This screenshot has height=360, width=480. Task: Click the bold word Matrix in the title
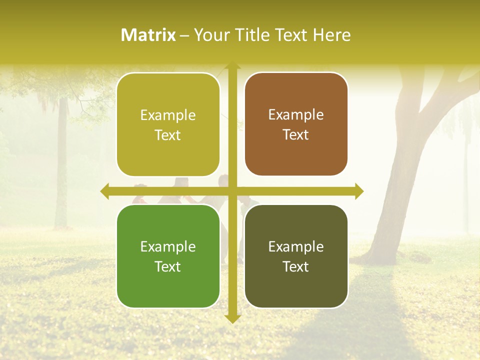click(x=148, y=35)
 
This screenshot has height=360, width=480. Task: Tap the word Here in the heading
click(x=332, y=35)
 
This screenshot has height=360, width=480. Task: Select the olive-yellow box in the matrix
click(x=168, y=125)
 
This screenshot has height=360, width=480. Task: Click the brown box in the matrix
click(x=296, y=124)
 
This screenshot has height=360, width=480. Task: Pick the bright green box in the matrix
click(x=168, y=256)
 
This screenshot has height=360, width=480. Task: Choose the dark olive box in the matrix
click(x=296, y=256)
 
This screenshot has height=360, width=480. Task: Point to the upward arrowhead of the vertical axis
click(x=232, y=67)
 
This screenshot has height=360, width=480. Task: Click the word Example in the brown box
click(x=296, y=114)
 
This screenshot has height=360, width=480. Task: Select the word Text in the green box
click(x=168, y=266)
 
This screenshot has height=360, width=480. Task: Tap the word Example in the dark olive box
click(x=296, y=246)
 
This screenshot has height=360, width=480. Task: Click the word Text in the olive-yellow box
click(x=168, y=135)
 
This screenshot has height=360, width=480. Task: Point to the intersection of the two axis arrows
click(x=232, y=191)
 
